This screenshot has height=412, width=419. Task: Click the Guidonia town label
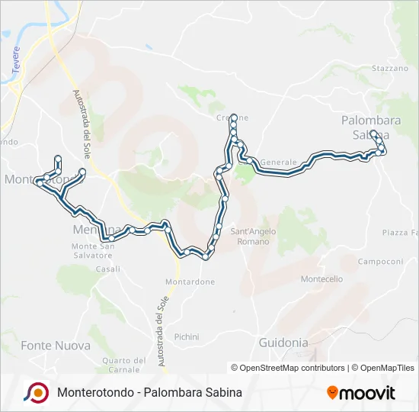pyautogui.click(x=283, y=343)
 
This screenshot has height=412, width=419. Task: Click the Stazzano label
pyautogui.click(x=390, y=69)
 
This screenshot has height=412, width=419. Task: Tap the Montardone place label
pyautogui.click(x=190, y=282)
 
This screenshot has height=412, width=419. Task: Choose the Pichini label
pyautogui.click(x=187, y=336)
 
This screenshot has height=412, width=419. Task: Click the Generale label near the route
pyautogui.click(x=277, y=163)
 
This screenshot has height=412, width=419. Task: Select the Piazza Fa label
pyautogui.click(x=400, y=232)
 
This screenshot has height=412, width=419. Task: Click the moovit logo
pyautogui.click(x=361, y=393)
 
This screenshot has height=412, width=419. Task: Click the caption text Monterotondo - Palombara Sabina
pyautogui.click(x=149, y=393)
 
